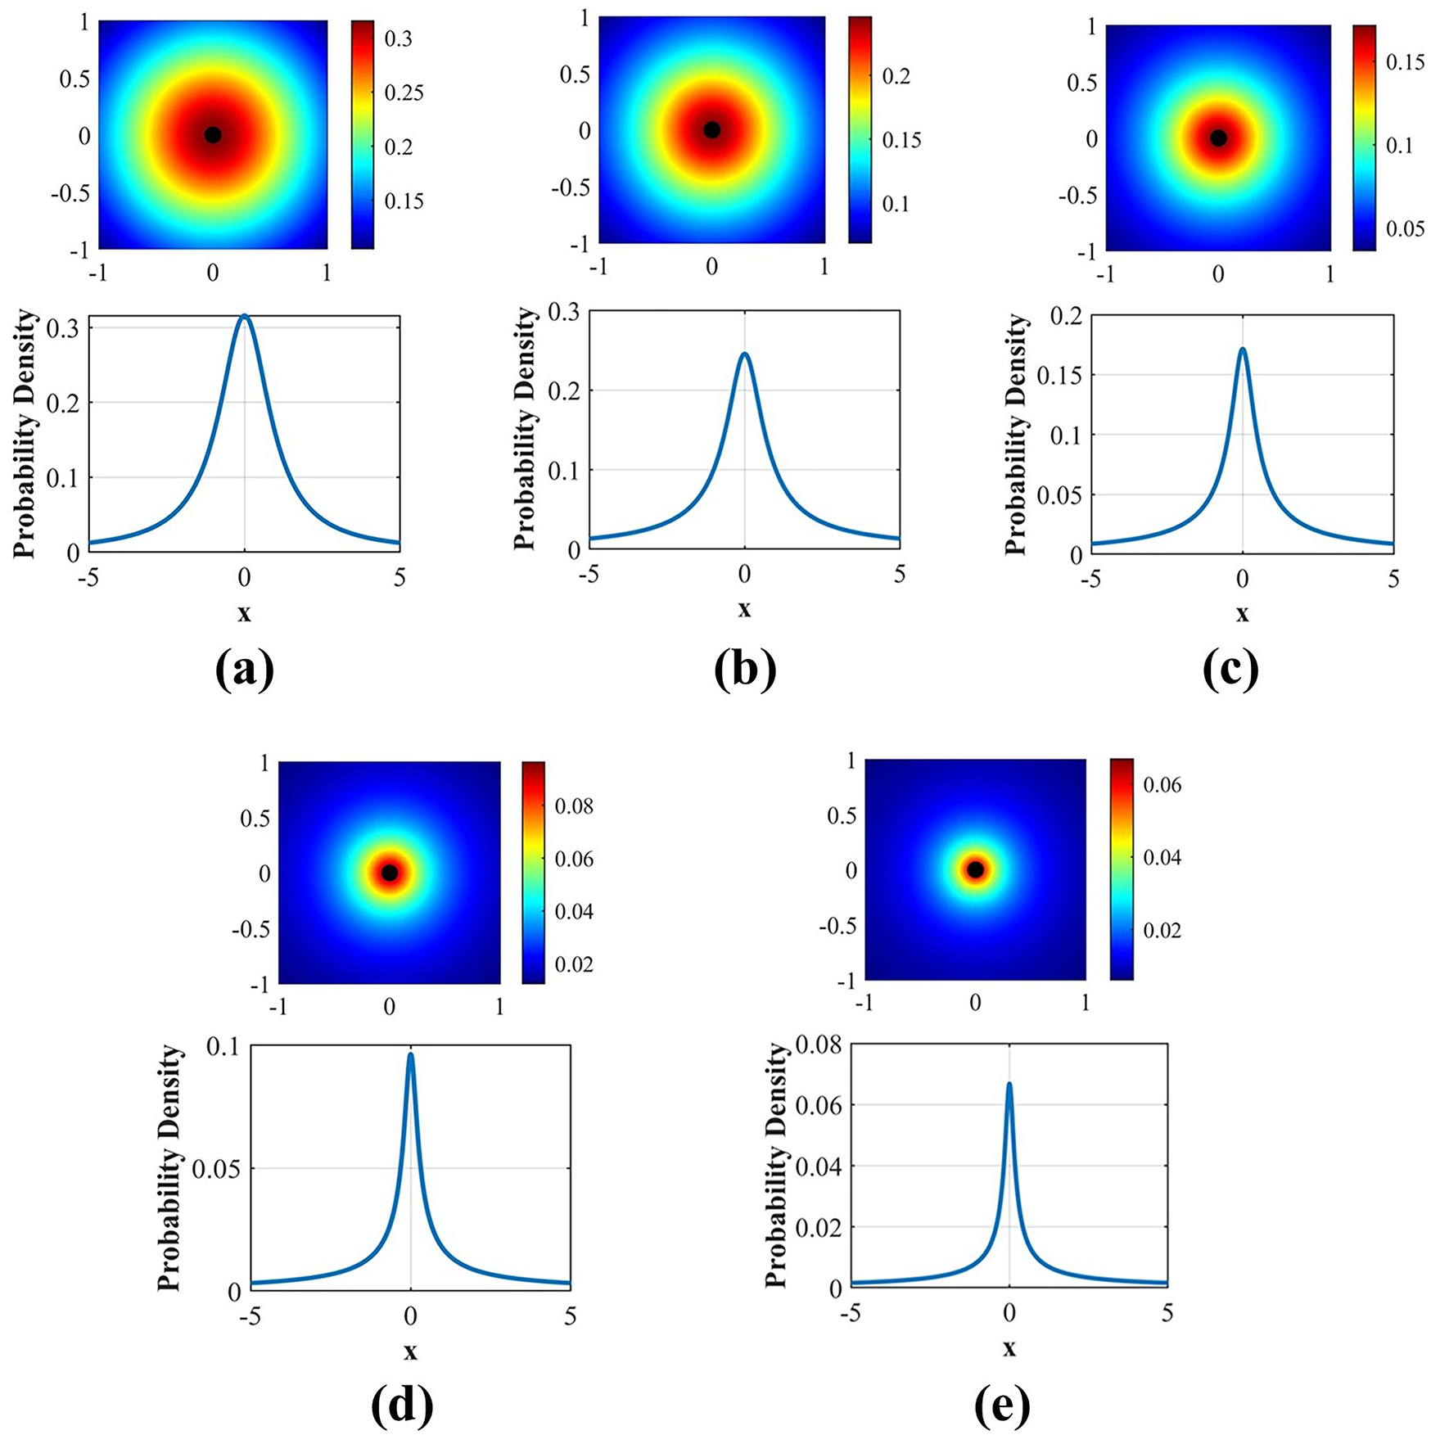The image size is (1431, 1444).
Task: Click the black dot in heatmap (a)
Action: pyautogui.click(x=213, y=135)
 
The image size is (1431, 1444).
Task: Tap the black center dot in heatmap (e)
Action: pyautogui.click(x=975, y=870)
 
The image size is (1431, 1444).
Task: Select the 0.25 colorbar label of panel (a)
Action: pyautogui.click(x=404, y=93)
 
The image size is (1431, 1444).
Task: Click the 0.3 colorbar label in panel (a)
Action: pyautogui.click(x=399, y=39)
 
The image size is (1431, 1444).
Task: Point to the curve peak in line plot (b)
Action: pyautogui.click(x=744, y=354)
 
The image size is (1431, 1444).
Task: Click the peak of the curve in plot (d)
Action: pyautogui.click(x=410, y=1055)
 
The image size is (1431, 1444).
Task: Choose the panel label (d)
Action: pyautogui.click(x=402, y=1405)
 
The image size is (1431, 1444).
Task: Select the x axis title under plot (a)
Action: pyautogui.click(x=244, y=612)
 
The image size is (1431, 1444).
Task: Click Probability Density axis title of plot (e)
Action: pyautogui.click(x=776, y=1166)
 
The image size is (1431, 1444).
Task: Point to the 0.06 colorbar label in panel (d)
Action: pyautogui.click(x=574, y=860)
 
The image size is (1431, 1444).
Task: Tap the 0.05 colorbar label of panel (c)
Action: pyautogui.click(x=1405, y=228)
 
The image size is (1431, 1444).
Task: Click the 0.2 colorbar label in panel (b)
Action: pyautogui.click(x=896, y=76)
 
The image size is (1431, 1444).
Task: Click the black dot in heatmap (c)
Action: pyautogui.click(x=1219, y=138)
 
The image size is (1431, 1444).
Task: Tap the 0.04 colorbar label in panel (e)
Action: pyautogui.click(x=1162, y=858)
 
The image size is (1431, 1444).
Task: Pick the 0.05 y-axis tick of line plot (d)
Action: pyautogui.click(x=216, y=1168)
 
